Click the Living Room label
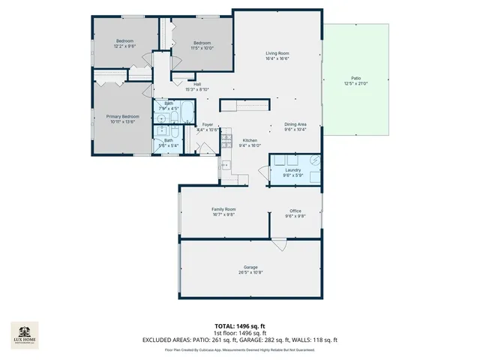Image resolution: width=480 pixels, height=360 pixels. (277, 53)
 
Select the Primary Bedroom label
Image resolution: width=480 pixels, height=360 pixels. (121, 116)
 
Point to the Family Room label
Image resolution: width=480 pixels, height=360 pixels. (223, 209)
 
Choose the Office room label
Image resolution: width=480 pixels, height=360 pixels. (295, 211)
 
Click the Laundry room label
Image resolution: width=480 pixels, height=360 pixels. (293, 170)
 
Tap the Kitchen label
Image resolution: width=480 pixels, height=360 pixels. (250, 140)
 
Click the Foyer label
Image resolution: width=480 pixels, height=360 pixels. (207, 124)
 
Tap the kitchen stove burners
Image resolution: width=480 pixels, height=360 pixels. (226, 140)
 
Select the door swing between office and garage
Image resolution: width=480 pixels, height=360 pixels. (279, 244)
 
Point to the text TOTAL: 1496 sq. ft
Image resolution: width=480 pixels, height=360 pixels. (240, 326)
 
